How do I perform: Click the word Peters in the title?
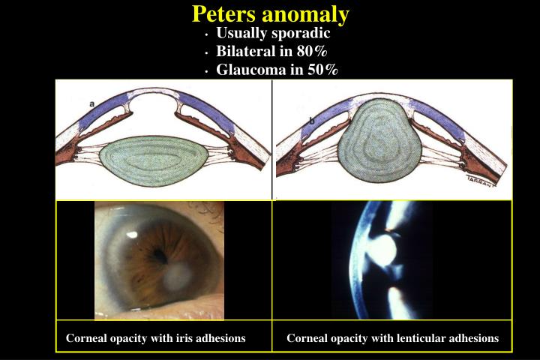click(x=223, y=13)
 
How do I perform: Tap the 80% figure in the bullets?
click(x=311, y=52)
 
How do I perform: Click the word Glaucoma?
click(x=247, y=70)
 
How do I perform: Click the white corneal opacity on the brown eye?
click(x=174, y=280)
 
